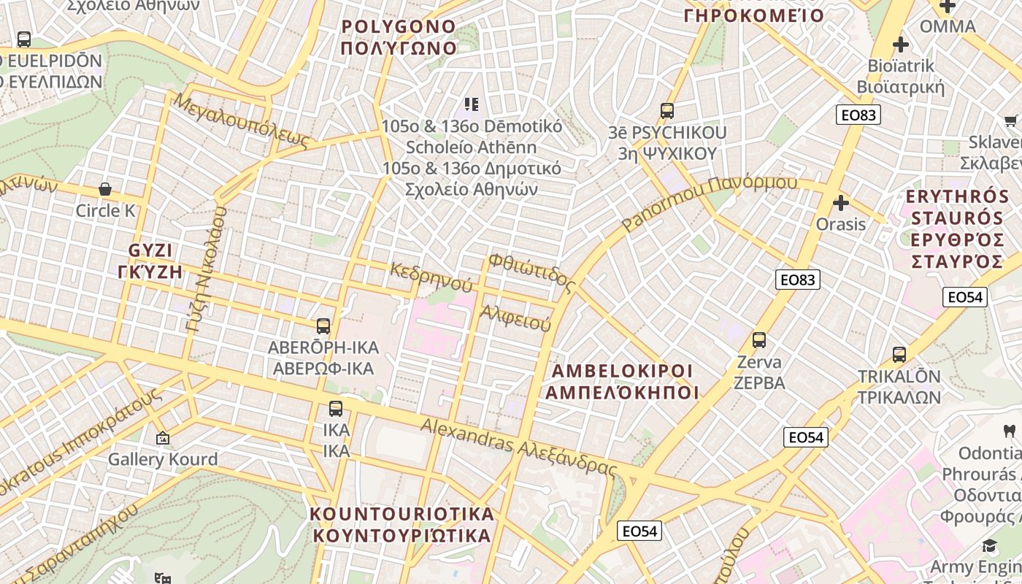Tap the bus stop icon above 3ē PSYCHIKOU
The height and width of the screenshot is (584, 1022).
point(666,111)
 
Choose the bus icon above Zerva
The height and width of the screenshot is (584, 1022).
point(759,340)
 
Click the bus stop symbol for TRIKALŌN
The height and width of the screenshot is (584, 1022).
point(899,355)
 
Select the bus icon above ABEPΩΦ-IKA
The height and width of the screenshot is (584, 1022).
point(323,326)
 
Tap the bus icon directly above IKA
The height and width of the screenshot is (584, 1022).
point(336,409)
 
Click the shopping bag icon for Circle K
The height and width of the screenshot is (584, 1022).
point(105,189)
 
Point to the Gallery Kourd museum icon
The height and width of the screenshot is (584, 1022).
point(162,438)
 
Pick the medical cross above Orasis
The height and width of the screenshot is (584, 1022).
point(841,202)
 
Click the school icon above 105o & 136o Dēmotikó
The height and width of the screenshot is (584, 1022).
point(472,104)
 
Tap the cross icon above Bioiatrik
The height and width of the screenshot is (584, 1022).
point(901,45)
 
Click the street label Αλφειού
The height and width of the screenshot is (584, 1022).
point(515,318)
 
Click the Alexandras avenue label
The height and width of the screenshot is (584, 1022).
point(519,445)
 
